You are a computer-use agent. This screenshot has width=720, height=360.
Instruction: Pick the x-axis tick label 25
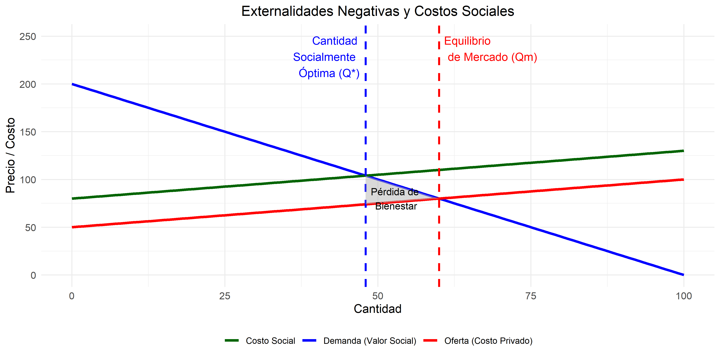point(225,296)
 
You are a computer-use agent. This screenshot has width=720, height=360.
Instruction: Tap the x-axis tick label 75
point(530,296)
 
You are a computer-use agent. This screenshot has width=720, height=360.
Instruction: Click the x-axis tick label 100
point(683,296)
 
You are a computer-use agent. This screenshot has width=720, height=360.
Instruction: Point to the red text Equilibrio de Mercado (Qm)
point(490,49)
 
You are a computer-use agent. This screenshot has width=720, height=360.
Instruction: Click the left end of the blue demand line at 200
point(72,84)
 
